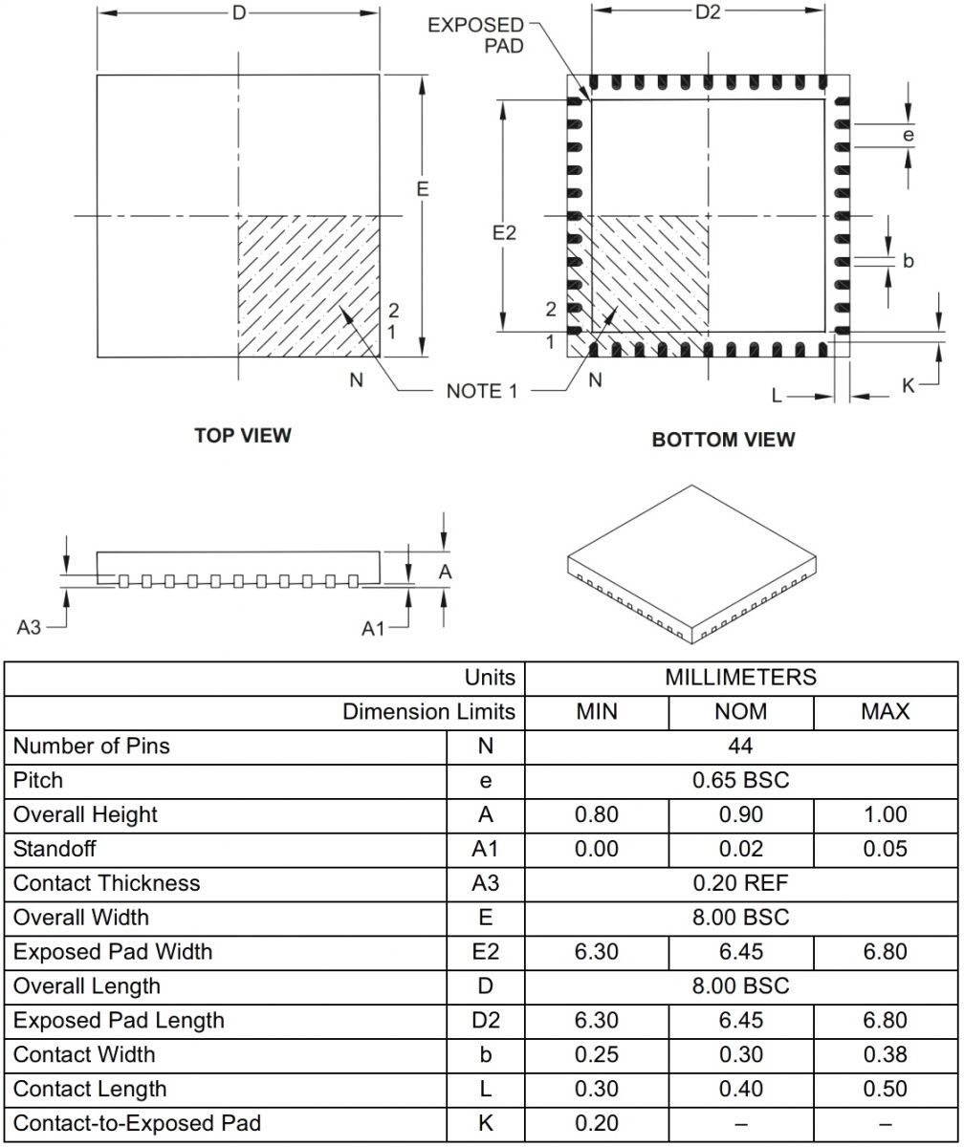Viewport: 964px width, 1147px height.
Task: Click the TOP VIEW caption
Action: click(243, 436)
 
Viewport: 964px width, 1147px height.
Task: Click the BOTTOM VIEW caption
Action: click(723, 440)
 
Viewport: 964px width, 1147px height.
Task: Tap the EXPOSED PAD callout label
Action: click(475, 34)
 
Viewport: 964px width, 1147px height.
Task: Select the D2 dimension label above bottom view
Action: click(708, 12)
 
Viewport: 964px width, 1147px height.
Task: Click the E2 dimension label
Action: click(504, 232)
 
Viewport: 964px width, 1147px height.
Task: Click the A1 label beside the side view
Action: click(374, 628)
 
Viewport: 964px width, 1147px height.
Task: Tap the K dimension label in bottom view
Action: click(909, 385)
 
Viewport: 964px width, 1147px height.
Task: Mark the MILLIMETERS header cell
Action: click(740, 678)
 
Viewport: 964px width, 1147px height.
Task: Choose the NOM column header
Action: click(740, 711)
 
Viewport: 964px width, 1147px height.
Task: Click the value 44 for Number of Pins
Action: click(740, 746)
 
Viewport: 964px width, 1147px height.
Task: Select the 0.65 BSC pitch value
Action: click(740, 780)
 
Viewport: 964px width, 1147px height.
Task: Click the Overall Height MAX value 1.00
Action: click(885, 814)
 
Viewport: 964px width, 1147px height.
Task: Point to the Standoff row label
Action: click(55, 849)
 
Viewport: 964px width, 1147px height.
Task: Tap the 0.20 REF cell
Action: click(740, 883)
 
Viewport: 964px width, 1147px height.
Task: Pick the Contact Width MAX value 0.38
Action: click(885, 1054)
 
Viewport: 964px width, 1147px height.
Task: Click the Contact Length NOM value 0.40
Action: click(740, 1089)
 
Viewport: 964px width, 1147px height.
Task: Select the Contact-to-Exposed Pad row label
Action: click(137, 1123)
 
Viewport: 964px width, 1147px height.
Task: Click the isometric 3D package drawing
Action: click(693, 561)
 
